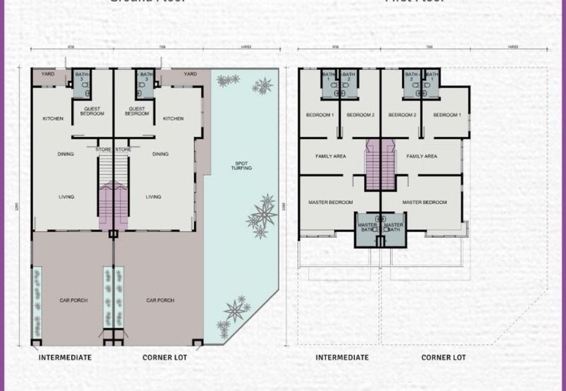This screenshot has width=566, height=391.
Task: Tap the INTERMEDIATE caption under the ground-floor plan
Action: pos(65,358)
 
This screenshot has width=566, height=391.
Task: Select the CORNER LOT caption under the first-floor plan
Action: pos(444,358)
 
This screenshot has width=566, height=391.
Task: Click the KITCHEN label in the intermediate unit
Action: pos(53,118)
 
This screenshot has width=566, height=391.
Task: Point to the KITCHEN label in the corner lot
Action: pos(173,118)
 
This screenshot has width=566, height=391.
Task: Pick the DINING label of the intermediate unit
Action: pos(67,154)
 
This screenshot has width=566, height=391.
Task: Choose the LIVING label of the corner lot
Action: pos(153,197)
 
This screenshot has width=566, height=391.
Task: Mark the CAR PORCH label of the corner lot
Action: pos(160,300)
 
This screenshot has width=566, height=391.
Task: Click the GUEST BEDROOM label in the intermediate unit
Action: pos(92,111)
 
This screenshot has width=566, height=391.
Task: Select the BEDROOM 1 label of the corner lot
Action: pos(446,115)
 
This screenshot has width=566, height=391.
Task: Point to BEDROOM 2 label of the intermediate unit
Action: pos(361,115)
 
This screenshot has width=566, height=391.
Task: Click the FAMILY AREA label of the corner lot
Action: pos(422,156)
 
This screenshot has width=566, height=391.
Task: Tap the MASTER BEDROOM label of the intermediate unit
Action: pos(330,203)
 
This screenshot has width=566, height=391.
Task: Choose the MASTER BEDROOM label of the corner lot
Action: pos(424,203)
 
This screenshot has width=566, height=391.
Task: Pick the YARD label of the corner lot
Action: pos(190,74)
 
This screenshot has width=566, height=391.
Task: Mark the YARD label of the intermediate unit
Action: pos(47,74)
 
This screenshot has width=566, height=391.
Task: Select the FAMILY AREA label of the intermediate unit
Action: pos(330,156)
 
